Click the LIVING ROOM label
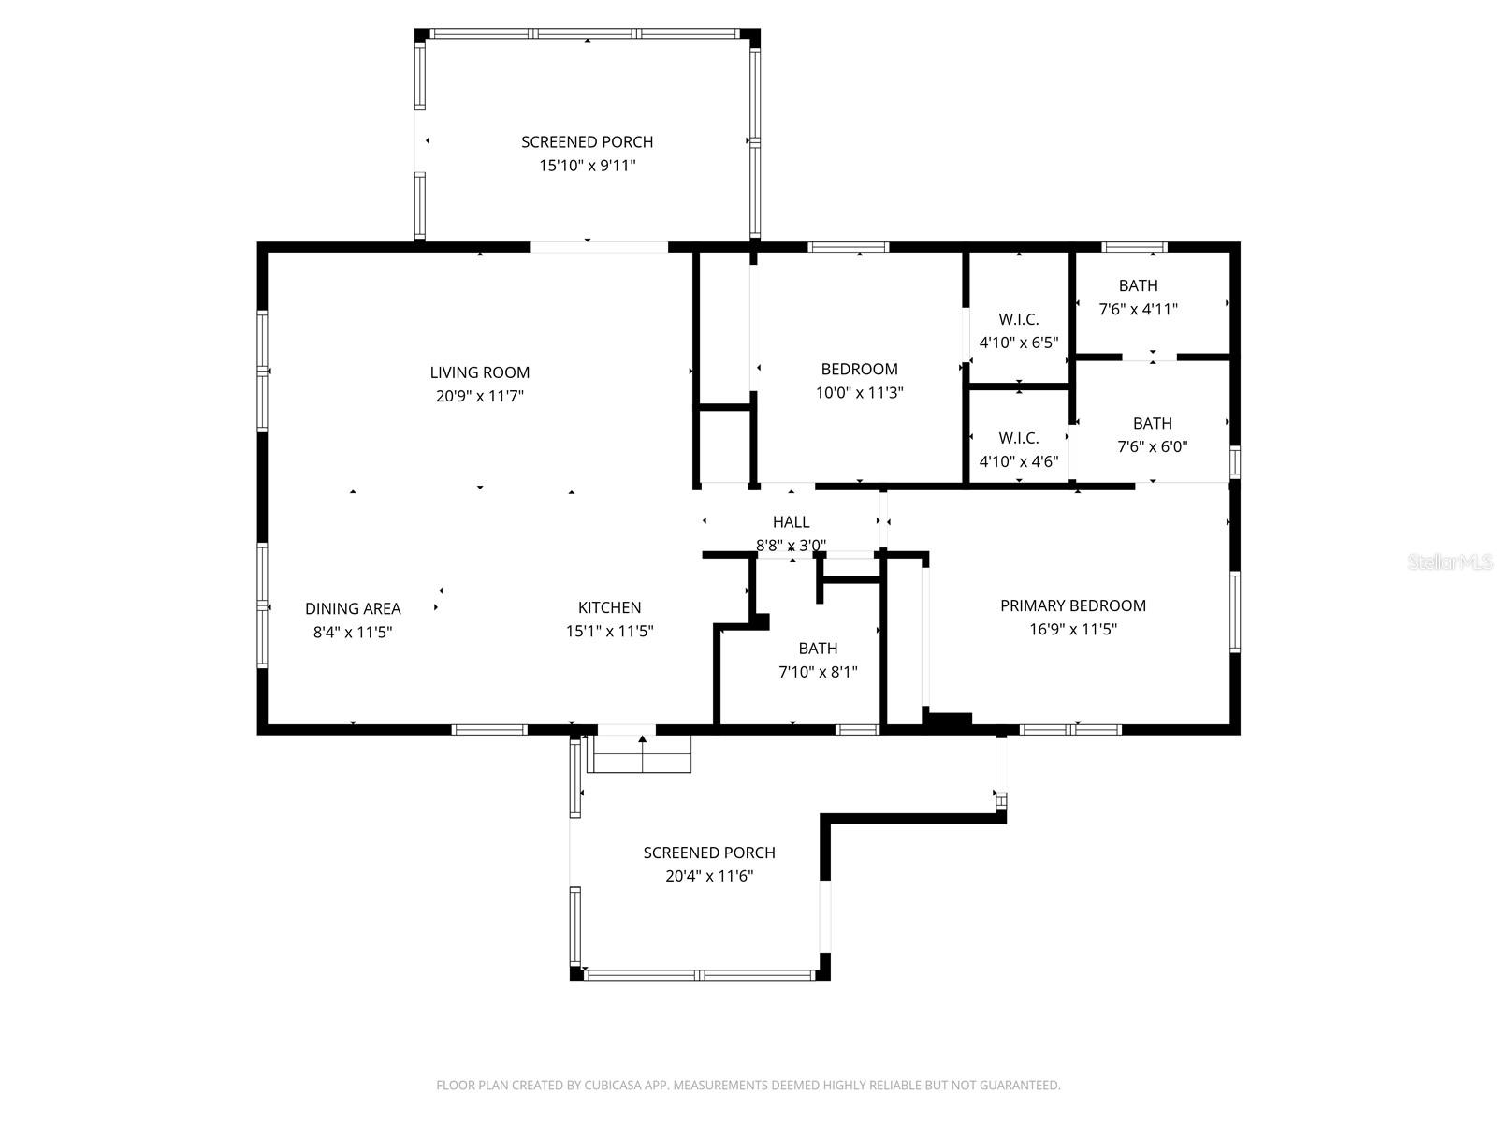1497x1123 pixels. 479,372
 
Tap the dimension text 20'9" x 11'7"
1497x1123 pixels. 479,396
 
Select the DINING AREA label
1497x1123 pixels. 353,608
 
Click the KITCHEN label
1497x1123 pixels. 609,607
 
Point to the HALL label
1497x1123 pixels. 791,522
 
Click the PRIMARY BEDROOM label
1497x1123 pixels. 1072,605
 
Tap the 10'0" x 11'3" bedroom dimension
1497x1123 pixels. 859,393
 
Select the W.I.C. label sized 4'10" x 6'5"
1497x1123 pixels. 1018,319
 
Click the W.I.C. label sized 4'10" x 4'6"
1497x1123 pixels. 1018,438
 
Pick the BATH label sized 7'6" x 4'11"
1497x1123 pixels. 1138,285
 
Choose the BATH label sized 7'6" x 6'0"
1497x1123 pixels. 1152,423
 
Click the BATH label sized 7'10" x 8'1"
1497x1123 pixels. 818,648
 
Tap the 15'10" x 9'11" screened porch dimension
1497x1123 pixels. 587,166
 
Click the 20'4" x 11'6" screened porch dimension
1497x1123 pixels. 708,877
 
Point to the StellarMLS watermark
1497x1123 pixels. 1450,562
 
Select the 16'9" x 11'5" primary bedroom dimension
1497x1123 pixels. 1072,629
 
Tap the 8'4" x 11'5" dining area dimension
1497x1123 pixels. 353,632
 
